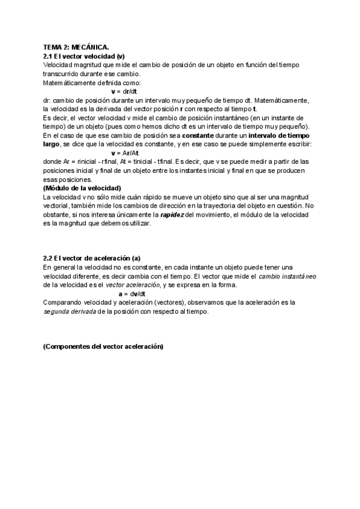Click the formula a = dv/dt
click(x=133, y=294)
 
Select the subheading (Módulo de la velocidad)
click(x=83, y=187)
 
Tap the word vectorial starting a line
click(x=58, y=205)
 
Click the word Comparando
click(x=64, y=303)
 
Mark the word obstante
click(x=58, y=214)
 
